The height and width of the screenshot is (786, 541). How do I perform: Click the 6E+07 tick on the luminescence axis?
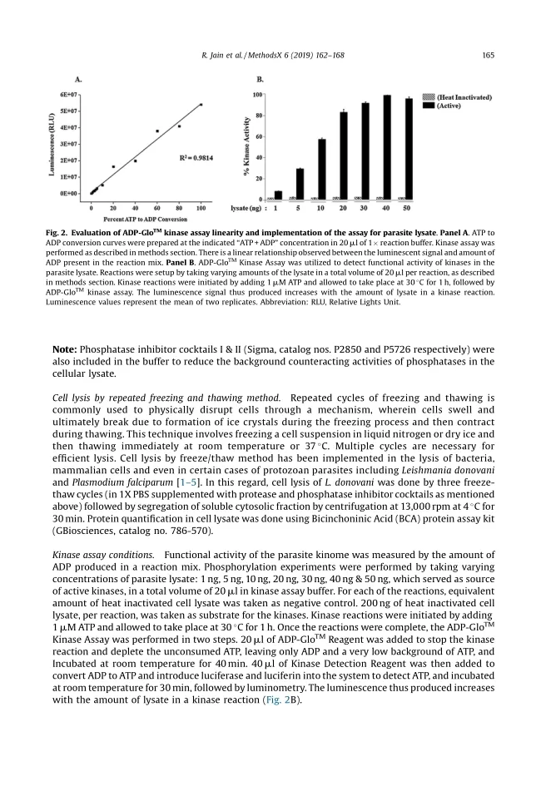tap(69, 95)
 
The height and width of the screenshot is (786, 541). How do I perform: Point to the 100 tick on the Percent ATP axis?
tap(201, 205)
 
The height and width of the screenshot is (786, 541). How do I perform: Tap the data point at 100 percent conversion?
tap(201, 105)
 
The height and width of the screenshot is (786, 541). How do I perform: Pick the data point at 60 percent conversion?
tap(157, 131)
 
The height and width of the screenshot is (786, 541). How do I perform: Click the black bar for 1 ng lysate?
tap(279, 195)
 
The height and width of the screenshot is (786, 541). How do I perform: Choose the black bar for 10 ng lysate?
tap(322, 169)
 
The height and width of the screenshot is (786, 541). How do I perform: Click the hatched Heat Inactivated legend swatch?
tap(428, 97)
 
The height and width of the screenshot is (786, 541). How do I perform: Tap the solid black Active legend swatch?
tap(428, 106)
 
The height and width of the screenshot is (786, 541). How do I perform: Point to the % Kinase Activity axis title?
tap(247, 148)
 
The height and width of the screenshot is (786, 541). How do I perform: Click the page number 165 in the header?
tap(488, 56)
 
